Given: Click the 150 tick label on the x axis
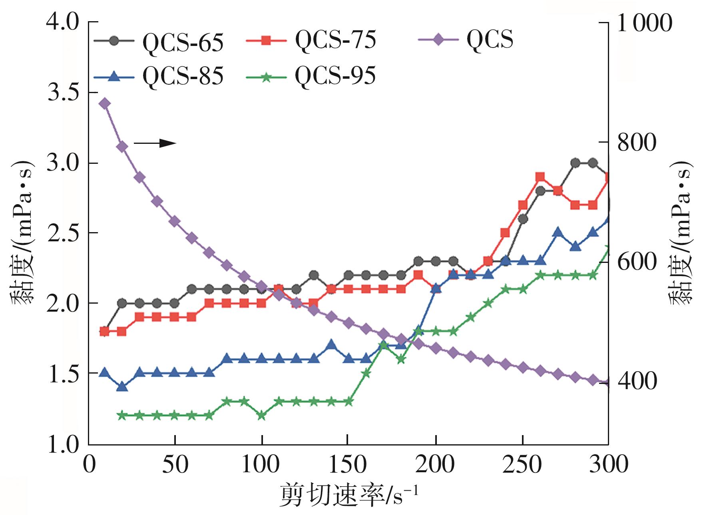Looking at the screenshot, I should tap(348, 465).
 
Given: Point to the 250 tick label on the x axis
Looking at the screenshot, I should tap(522, 465).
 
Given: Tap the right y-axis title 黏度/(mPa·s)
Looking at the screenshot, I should tap(681, 233).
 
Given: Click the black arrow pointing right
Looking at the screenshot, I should tap(155, 143).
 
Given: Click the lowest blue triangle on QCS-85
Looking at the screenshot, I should tap(122, 387).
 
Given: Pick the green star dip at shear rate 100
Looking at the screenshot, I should tap(262, 416).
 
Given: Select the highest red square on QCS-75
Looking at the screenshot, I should tap(540, 177).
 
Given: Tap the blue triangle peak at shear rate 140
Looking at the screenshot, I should tap(331, 344).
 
